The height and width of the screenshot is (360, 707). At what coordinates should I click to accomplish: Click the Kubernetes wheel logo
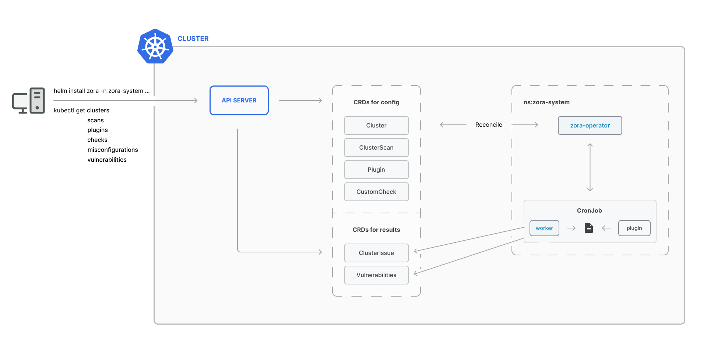[x=155, y=47]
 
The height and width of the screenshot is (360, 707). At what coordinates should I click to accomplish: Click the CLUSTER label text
[x=193, y=39]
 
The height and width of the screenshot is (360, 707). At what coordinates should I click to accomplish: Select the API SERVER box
[x=239, y=100]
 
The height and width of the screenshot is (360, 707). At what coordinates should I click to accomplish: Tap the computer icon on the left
[x=29, y=101]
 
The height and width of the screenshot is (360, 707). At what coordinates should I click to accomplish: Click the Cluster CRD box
[x=376, y=126]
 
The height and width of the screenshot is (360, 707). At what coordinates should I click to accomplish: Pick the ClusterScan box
[x=376, y=148]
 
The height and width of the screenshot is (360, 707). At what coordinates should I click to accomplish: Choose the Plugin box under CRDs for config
[x=376, y=170]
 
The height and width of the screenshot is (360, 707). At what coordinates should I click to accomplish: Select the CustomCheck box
[x=376, y=192]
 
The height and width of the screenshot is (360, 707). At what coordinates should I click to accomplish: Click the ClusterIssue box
[x=376, y=253]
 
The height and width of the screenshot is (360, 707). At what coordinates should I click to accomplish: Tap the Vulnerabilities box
[x=376, y=275]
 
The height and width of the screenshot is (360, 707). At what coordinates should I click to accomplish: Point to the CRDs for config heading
[x=376, y=102]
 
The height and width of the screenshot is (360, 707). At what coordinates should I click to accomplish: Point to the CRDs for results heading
[x=376, y=230]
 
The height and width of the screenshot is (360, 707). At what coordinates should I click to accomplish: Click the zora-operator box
[x=590, y=126]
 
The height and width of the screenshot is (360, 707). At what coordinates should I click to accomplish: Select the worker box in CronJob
[x=544, y=228]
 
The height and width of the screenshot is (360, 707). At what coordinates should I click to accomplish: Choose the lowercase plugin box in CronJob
[x=634, y=228]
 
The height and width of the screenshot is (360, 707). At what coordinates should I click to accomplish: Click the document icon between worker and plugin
[x=589, y=228]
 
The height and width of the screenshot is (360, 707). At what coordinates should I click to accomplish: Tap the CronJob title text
[x=589, y=211]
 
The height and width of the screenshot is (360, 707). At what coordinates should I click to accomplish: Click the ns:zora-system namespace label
[x=546, y=102]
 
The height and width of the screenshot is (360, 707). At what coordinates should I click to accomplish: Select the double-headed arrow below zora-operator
[x=590, y=167]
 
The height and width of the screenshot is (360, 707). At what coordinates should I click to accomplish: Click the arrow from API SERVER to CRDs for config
[x=300, y=101]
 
